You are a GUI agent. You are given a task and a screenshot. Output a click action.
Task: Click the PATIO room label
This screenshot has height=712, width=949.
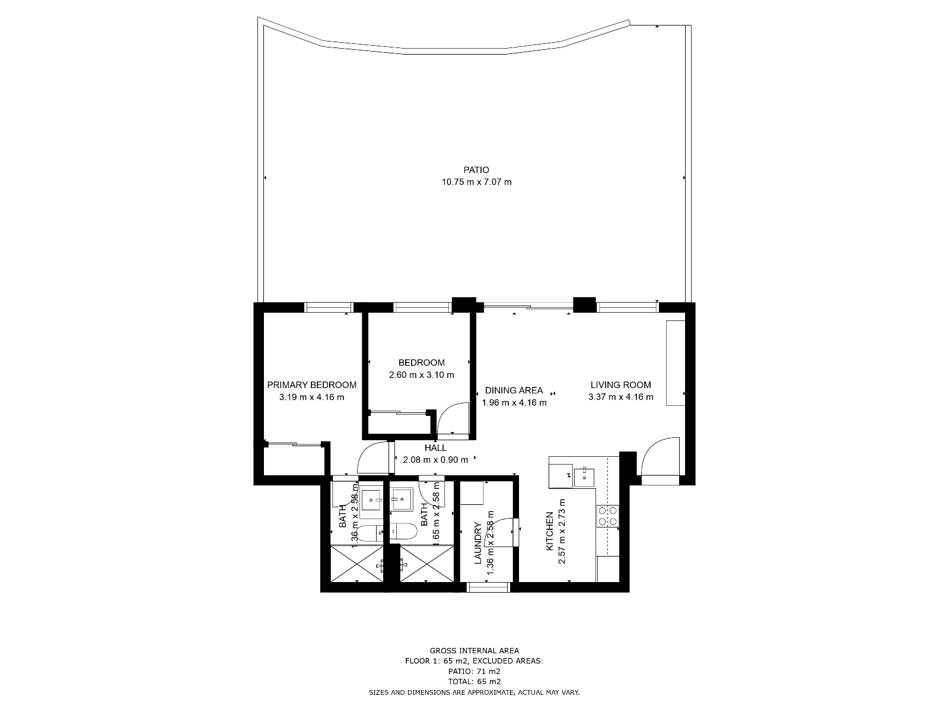pyautogui.click(x=476, y=170)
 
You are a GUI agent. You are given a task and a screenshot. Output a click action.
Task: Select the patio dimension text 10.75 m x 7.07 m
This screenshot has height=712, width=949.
pyautogui.click(x=476, y=182)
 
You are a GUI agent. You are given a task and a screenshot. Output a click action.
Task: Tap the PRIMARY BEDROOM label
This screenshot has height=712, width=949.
pyautogui.click(x=311, y=385)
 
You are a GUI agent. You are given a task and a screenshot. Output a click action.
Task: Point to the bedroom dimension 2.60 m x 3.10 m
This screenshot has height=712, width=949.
pyautogui.click(x=421, y=375)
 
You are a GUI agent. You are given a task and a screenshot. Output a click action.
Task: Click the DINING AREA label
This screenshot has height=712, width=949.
pyautogui.click(x=514, y=390)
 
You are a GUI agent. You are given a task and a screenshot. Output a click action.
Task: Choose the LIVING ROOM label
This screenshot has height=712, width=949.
pyautogui.click(x=620, y=385)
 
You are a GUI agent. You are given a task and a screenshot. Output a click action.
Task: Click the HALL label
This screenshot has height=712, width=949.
pyautogui.click(x=435, y=449)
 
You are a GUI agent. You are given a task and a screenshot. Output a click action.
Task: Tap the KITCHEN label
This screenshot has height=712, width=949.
pyautogui.click(x=549, y=531)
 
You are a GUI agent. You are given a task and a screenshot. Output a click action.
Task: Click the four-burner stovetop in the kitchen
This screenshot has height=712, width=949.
pyautogui.click(x=607, y=516)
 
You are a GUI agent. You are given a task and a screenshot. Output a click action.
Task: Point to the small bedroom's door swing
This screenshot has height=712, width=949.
pyautogui.click(x=453, y=420)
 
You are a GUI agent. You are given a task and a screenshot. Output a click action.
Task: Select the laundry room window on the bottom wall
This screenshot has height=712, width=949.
pyautogui.click(x=488, y=587)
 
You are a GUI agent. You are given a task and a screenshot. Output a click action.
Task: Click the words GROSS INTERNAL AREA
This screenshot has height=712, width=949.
pyautogui.click(x=474, y=651)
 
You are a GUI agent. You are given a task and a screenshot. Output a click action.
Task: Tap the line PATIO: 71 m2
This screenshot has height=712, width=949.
pyautogui.click(x=474, y=672)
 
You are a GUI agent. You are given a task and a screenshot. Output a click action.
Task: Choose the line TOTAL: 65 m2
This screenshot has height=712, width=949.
pyautogui.click(x=474, y=682)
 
